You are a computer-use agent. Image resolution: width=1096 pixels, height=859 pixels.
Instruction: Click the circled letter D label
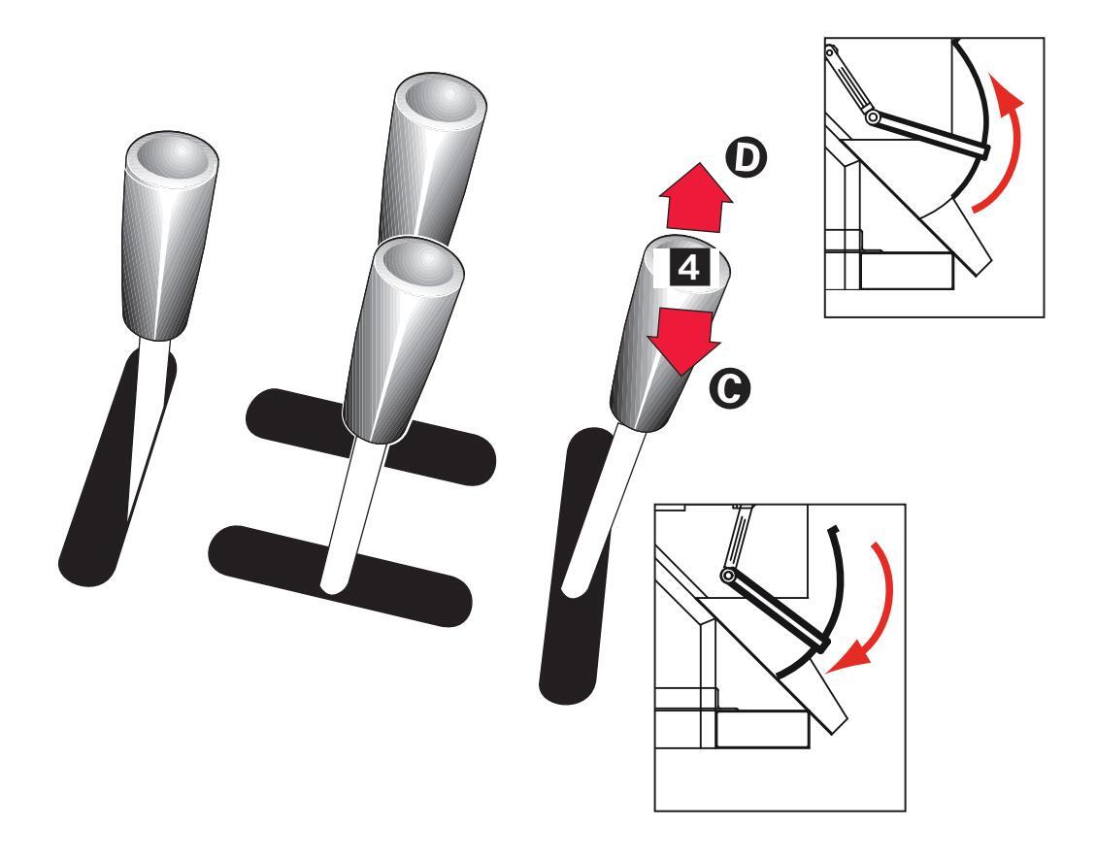(746, 159)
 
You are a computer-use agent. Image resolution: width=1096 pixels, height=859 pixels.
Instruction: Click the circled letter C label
(730, 388)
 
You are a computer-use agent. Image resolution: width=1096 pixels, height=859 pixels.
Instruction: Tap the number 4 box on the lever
(688, 269)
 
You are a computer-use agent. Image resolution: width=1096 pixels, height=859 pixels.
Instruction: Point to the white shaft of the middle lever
(351, 513)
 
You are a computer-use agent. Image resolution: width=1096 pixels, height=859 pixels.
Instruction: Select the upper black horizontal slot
(371, 436)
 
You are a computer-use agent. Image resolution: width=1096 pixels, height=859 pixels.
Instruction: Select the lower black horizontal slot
(340, 576)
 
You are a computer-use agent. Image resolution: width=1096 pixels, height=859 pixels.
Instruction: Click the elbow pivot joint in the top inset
(873, 116)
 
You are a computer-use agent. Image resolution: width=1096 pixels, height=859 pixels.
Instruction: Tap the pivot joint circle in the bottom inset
(728, 576)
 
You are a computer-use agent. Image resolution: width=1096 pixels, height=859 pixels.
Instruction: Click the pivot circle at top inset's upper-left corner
(830, 51)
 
